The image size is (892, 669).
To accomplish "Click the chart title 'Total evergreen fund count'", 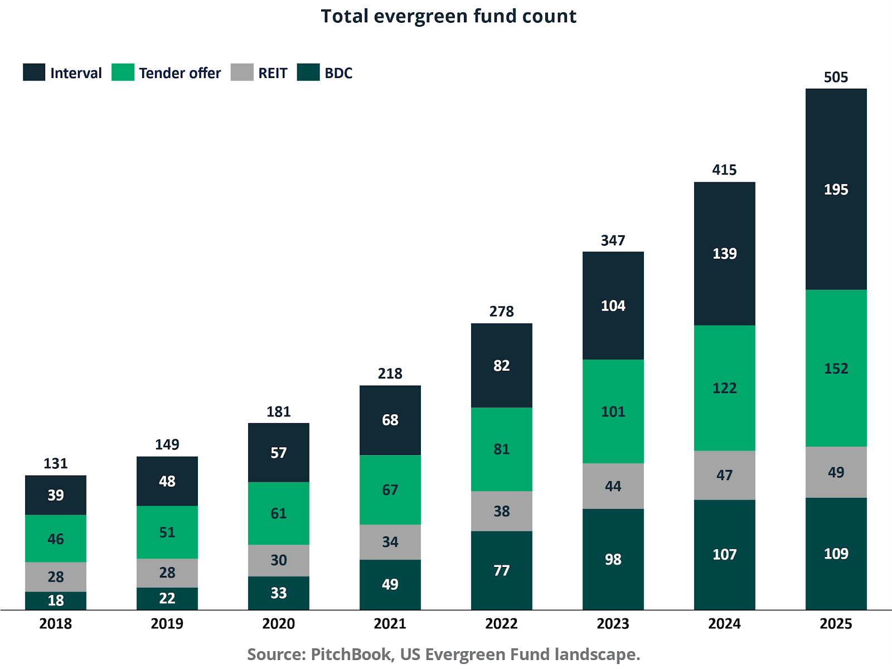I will coord(448,16).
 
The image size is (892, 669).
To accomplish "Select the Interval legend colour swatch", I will coord(34,72).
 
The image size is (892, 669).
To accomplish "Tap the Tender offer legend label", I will coord(180,73).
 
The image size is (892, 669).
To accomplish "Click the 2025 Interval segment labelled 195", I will coord(836,190).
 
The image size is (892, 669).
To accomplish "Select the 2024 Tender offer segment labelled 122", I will coord(724,388).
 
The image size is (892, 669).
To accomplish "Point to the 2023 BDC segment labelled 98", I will coord(613,559).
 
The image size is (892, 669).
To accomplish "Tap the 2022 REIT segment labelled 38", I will coord(501,511).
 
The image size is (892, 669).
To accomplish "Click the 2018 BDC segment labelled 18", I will coord(55,600).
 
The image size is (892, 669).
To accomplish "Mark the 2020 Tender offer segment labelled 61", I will coord(278,513).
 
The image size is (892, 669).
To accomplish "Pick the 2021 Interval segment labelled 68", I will coord(390,420).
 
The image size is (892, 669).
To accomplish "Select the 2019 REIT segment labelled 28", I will coord(167,573).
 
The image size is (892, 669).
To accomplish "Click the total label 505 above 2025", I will coord(836,77).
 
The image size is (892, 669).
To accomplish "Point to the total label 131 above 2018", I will coord(55,463).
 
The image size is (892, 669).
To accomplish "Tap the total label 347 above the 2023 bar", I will coord(613,240).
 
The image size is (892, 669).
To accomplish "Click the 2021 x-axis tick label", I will coord(390,623).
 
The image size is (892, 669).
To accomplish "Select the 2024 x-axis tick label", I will coord(724,623).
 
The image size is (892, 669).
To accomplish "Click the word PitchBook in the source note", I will coord(351,654).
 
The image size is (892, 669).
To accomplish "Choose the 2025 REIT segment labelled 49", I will coord(836,472).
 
